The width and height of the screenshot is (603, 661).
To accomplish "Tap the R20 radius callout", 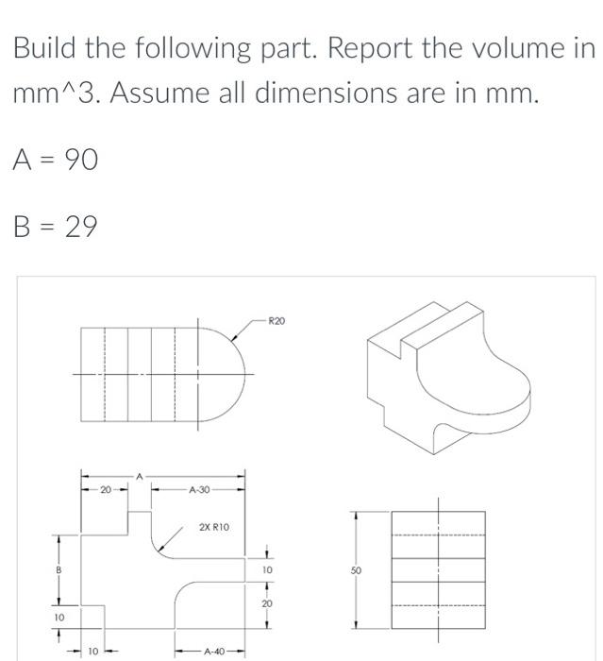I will [x=276, y=322].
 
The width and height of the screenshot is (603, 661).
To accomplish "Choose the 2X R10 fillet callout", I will [x=213, y=527].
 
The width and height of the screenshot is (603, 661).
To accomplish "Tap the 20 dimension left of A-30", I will [x=106, y=490].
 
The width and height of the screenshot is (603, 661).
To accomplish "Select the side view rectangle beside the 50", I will [x=438, y=570].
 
